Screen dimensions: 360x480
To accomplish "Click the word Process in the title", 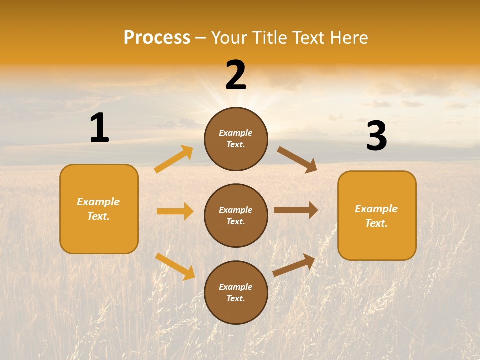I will (157, 38).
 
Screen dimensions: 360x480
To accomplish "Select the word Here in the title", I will (347, 38).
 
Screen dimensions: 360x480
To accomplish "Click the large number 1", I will (99, 128).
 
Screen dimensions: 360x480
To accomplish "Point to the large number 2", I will (236, 75).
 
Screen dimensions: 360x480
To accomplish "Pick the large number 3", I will (376, 136).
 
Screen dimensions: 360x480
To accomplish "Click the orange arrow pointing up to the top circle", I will (174, 159).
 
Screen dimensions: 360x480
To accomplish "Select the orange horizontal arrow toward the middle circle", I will (175, 211).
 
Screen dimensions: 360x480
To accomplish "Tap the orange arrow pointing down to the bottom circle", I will (175, 266).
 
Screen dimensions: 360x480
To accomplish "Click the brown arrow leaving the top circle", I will (297, 160).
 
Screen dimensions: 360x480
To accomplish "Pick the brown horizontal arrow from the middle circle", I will (296, 210).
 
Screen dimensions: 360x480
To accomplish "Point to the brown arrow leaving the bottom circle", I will (294, 265).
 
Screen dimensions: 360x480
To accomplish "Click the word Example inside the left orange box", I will (98, 202).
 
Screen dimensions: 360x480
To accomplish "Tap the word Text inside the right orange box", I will (376, 223).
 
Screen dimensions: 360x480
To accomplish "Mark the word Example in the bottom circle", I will (236, 287).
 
